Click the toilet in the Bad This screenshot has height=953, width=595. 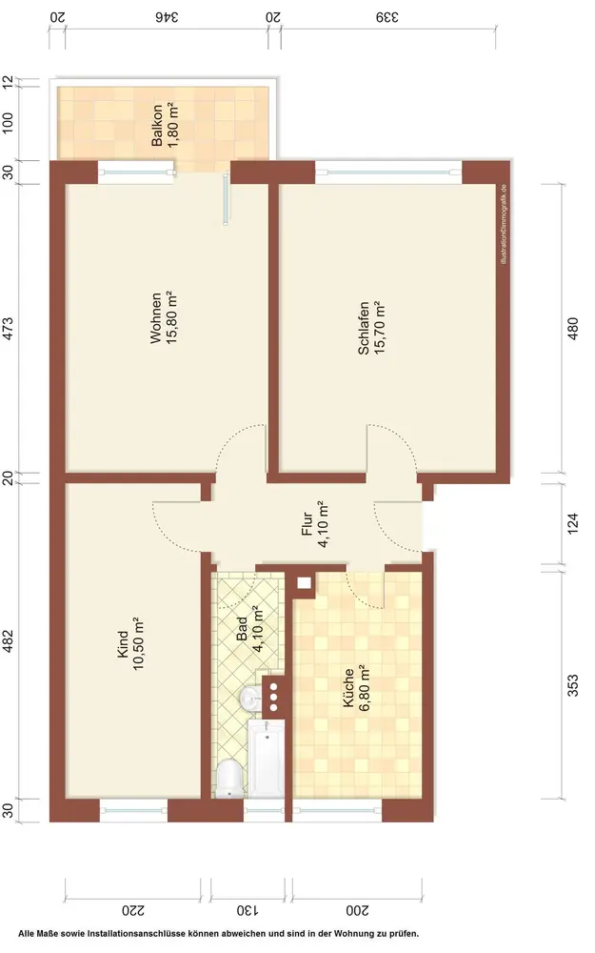click(228, 778)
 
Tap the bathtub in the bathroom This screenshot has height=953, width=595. click(266, 759)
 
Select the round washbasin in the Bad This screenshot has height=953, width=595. click(250, 699)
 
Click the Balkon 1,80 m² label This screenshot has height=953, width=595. click(165, 126)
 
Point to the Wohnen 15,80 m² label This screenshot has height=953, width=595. click(164, 318)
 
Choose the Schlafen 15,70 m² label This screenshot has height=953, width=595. click(371, 328)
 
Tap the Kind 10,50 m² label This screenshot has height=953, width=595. click(130, 643)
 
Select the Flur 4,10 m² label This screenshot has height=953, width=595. click(315, 524)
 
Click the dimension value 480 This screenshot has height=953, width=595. click(572, 329)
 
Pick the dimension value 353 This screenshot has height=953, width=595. click(572, 685)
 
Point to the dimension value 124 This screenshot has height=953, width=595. click(572, 524)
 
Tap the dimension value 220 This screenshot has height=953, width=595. click(133, 910)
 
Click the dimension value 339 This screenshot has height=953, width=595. click(387, 17)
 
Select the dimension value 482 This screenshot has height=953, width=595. click(8, 640)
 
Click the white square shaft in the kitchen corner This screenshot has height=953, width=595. click(304, 583)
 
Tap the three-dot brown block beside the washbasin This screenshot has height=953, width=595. click(273, 696)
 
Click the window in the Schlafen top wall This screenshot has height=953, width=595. click(388, 172)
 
